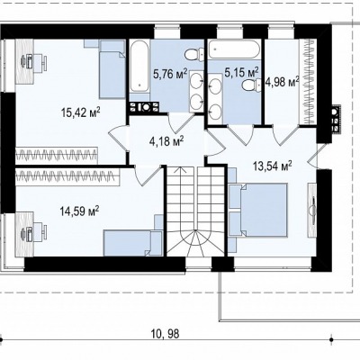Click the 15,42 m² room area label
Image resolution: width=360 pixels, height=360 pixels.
80,112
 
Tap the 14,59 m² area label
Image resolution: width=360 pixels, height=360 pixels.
80,211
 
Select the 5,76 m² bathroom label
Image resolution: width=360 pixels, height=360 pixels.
170,74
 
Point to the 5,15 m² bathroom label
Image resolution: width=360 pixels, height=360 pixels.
242,72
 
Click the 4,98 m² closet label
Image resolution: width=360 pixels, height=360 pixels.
283,82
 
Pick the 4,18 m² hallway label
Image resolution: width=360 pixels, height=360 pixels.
166,140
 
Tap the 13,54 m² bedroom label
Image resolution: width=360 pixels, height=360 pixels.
273,166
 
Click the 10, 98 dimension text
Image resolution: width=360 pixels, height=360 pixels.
166,334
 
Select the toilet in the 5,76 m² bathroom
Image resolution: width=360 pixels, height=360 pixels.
194,55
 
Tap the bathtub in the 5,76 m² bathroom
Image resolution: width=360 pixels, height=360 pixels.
139,66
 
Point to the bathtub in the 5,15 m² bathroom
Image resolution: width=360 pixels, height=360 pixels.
233,49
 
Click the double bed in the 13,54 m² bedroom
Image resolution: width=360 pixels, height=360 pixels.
257,210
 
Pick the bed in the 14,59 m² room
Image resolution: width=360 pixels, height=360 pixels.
133,243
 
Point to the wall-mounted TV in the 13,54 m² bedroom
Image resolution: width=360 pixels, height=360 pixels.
313,204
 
